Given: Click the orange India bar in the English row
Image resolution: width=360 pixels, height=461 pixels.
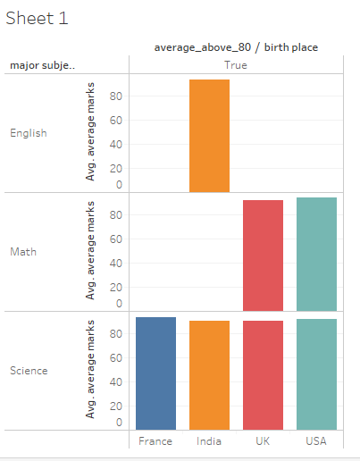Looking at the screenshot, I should click(x=209, y=136).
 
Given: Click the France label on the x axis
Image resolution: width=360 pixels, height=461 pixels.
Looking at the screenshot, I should click(x=155, y=441).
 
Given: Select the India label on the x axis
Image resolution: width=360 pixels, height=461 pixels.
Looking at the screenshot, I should click(x=209, y=441).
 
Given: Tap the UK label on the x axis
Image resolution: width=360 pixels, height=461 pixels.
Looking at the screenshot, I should click(x=263, y=441).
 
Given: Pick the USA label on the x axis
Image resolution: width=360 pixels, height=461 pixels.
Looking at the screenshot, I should click(x=316, y=441).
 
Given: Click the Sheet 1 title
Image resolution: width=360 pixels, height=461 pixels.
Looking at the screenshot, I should click(x=37, y=18).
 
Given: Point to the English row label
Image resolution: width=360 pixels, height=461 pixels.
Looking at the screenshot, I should click(x=28, y=133).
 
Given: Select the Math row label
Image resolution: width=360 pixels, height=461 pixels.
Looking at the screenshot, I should click(x=22, y=252).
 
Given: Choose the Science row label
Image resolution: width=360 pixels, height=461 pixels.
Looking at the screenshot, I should click(x=28, y=370).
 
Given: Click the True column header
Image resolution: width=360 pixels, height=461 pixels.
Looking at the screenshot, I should click(x=236, y=65).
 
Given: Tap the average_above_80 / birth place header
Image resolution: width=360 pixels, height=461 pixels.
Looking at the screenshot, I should click(x=236, y=47).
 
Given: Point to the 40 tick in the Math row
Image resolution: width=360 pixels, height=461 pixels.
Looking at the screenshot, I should click(x=116, y=263).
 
